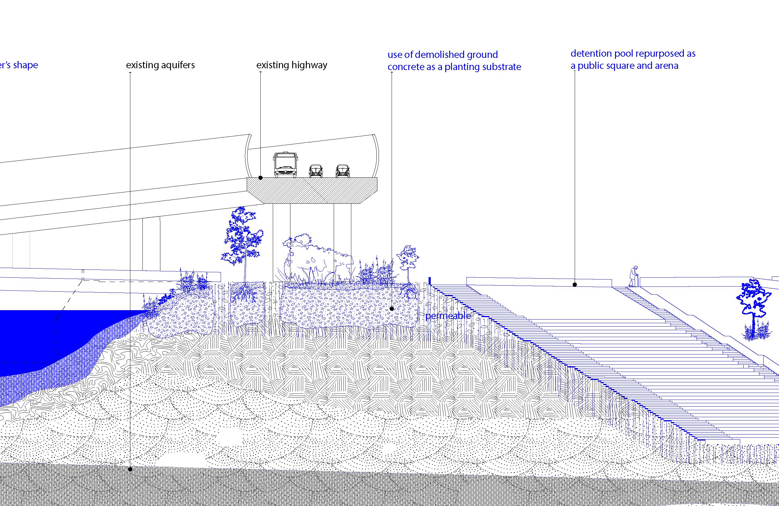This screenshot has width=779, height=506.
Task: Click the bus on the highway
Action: [286, 164]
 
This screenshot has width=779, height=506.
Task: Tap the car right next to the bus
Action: [316, 170]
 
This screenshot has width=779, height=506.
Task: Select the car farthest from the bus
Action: [343, 170]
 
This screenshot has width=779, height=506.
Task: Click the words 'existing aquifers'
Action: [160, 65]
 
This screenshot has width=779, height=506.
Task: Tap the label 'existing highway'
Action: [292, 65]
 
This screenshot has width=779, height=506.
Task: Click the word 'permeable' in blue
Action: [448, 316]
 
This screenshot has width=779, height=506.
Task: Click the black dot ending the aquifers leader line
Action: [130, 469]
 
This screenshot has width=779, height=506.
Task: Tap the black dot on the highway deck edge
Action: [261, 178]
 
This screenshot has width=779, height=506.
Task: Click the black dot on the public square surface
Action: [574, 285]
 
